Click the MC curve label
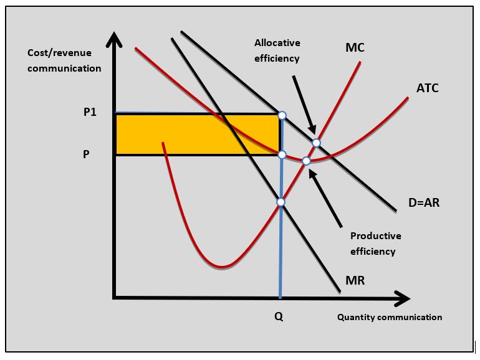coord(355,47)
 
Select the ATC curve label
coord(428,88)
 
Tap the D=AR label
coord(424,202)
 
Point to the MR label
coord(355,280)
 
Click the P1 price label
coord(90,112)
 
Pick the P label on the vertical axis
coord(86,154)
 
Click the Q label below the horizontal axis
coord(279,316)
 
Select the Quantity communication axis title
coord(390,317)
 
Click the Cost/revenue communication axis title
coord(64,60)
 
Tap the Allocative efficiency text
coord(277,50)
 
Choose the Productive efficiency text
coord(376,244)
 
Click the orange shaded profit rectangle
coord(197,135)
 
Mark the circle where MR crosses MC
coord(281,202)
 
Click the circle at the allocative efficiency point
coord(316,143)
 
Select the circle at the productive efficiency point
coord(306,161)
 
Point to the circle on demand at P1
coord(282,115)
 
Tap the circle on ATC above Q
coord(282,154)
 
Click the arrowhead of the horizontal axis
coord(402,298)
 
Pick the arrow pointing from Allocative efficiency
coord(304,105)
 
